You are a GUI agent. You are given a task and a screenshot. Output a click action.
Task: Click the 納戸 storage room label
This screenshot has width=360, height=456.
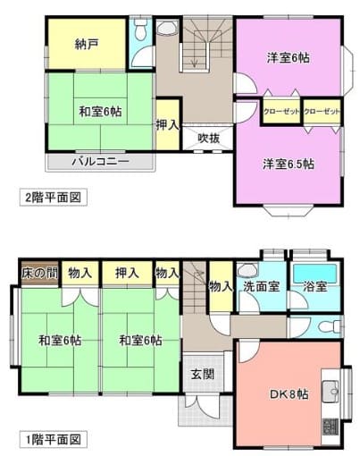coord(87,44)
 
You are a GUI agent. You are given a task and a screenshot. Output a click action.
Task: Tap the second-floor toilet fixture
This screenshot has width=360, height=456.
coord(139,28)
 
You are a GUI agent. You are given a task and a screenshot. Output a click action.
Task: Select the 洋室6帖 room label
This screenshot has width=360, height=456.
coord(288,57)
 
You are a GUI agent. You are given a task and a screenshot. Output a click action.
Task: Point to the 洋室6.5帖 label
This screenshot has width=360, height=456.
coord(289,164)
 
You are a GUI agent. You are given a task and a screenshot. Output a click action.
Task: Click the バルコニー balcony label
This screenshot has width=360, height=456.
coord(101,162)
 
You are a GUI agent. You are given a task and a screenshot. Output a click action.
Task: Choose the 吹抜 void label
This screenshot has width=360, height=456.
coord(209,138)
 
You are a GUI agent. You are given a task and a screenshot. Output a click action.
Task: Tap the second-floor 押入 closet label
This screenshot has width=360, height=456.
coord(168,125)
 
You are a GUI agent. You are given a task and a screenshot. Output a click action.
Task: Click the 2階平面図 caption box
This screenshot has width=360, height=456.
coord(54,197)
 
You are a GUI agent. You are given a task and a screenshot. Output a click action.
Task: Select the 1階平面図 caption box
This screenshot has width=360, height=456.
coord(54,439)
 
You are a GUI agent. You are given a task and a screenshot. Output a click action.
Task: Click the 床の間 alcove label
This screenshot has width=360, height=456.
coord(40,273)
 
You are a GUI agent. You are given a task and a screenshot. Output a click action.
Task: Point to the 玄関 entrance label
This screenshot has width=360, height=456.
coord(203,374)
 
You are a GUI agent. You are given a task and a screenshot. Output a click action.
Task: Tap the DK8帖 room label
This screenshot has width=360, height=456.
coord(289,394)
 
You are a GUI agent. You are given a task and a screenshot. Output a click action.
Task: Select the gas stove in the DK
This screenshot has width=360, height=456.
coord(331,426)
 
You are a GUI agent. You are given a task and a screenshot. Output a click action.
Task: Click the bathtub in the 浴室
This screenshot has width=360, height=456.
coord(315,273)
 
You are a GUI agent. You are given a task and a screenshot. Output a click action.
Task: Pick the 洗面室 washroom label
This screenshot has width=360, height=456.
coord(262,286)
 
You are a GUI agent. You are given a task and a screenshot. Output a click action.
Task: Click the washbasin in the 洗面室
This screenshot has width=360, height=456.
coord(247,270)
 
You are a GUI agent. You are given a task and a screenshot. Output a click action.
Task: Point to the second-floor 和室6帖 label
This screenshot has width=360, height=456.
coord(100,112)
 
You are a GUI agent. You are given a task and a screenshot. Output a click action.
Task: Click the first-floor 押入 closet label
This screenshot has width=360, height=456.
coord(127,273)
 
